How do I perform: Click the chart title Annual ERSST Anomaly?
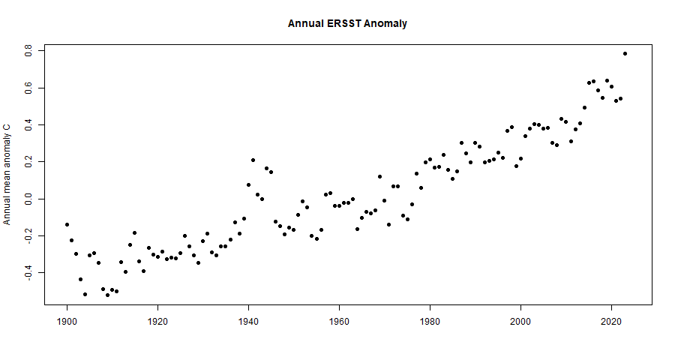(347, 23)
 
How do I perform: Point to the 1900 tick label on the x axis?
(67, 320)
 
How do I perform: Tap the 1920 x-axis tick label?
(157, 320)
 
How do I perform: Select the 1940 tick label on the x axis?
(248, 320)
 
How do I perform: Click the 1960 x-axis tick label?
(339, 320)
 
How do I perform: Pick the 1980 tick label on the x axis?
(430, 320)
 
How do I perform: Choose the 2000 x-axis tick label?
(520, 320)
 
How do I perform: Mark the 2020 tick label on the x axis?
(611, 320)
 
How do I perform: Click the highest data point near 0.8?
(625, 53)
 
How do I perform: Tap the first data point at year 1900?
(67, 224)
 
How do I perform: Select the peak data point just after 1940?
(253, 160)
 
